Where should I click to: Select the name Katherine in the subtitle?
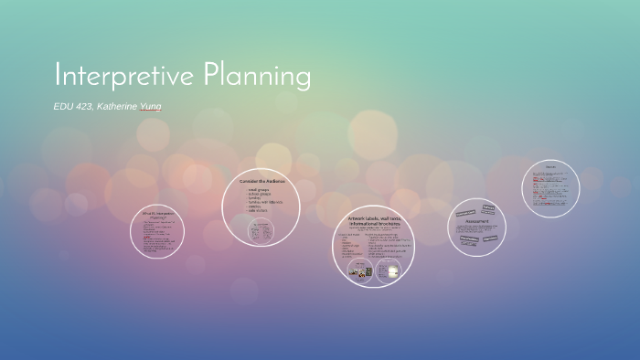120,107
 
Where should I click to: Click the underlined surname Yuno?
151,107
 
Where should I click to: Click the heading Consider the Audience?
262,181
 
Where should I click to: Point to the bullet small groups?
260,189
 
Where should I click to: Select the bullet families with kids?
265,201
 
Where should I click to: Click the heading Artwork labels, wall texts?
373,219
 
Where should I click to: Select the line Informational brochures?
373,224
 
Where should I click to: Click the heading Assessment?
475,221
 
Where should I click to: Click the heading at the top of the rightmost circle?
550,166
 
